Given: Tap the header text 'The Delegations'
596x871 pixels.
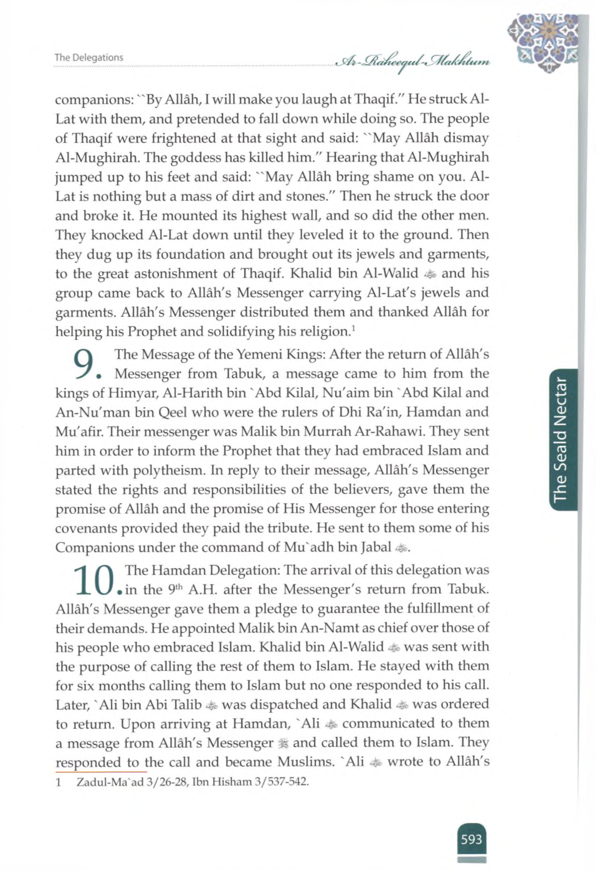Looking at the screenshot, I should (x=89, y=58).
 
